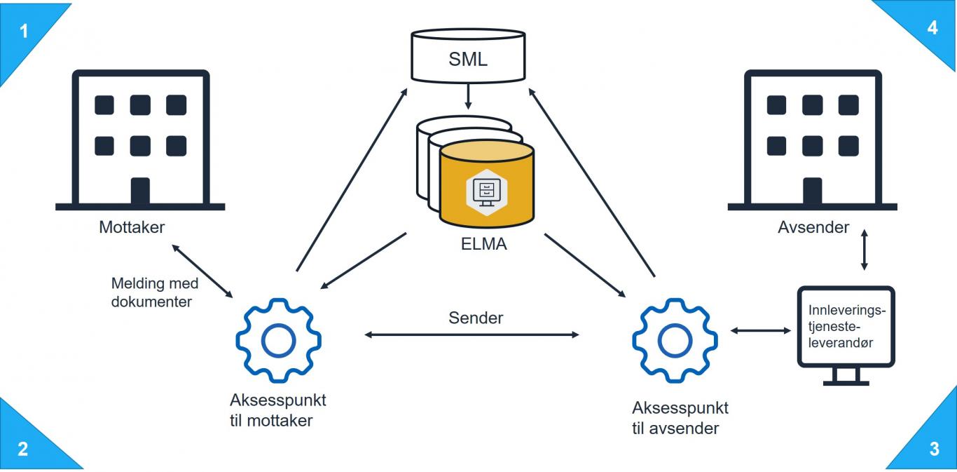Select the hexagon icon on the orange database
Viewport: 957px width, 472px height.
click(486, 188)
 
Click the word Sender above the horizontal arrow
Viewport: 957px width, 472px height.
click(476, 317)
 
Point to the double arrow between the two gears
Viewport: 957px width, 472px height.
click(472, 335)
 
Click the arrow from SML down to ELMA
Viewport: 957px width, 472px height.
click(467, 97)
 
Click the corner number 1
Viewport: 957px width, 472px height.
click(24, 31)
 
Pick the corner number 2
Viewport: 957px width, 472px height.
click(23, 448)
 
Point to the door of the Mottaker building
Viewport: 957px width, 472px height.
click(140, 191)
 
